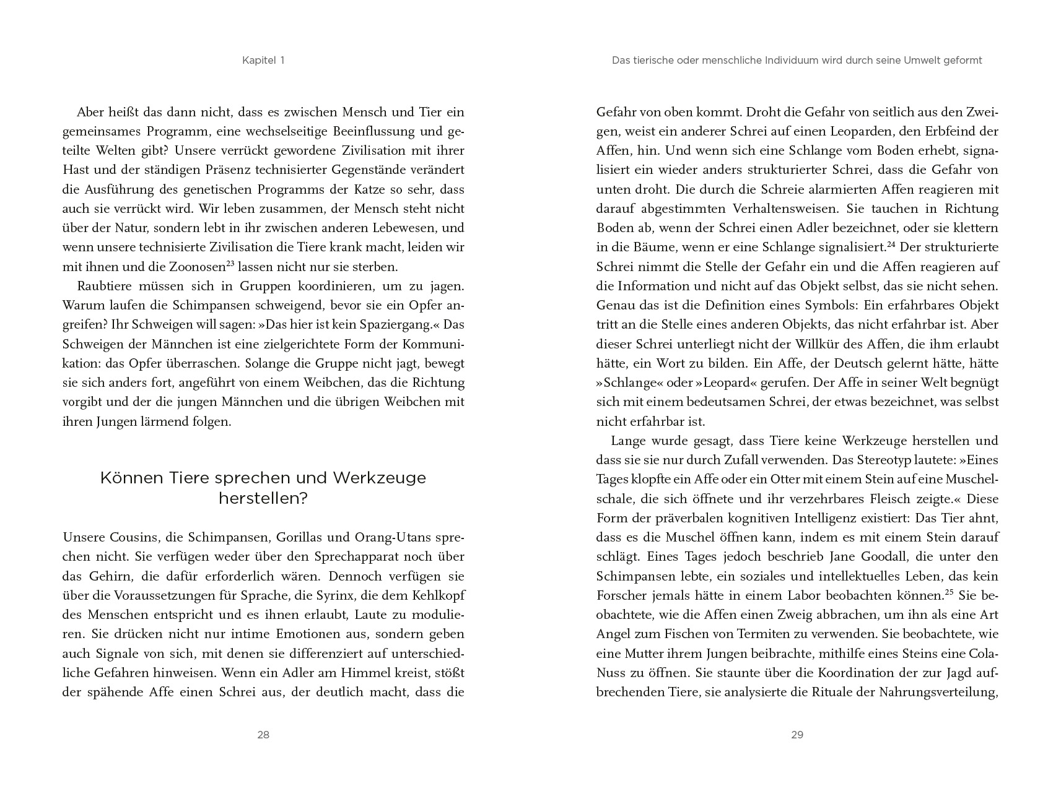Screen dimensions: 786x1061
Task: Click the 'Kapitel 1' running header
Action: (263, 61)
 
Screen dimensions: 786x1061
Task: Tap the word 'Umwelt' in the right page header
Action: (912, 61)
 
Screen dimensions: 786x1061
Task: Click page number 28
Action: (263, 735)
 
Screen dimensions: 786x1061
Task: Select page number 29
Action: (797, 735)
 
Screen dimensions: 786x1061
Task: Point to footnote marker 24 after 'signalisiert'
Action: (892, 244)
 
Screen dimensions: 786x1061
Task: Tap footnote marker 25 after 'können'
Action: (948, 593)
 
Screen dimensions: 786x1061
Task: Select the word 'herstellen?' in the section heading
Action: (263, 498)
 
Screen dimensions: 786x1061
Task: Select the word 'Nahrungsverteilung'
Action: (938, 693)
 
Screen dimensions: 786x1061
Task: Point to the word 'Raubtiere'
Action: (104, 287)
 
